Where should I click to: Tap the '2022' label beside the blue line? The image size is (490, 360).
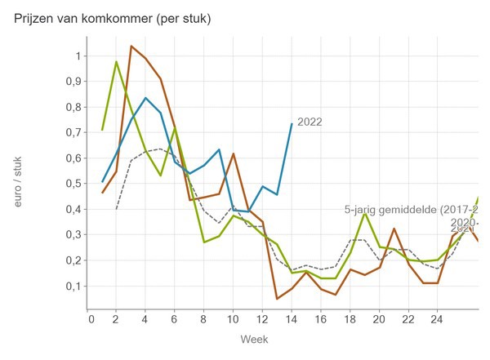point(310,122)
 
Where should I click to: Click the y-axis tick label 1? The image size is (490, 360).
point(78,56)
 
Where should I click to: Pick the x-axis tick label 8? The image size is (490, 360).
point(204,319)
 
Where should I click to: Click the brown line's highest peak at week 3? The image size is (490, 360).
point(131,46)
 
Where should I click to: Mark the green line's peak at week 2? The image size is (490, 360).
point(117,62)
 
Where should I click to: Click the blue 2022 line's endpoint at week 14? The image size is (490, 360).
point(291,124)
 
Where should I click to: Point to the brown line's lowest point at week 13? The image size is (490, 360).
point(276,299)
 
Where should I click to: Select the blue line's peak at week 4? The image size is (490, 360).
point(145,98)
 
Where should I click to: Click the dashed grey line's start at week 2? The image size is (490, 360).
point(117,209)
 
